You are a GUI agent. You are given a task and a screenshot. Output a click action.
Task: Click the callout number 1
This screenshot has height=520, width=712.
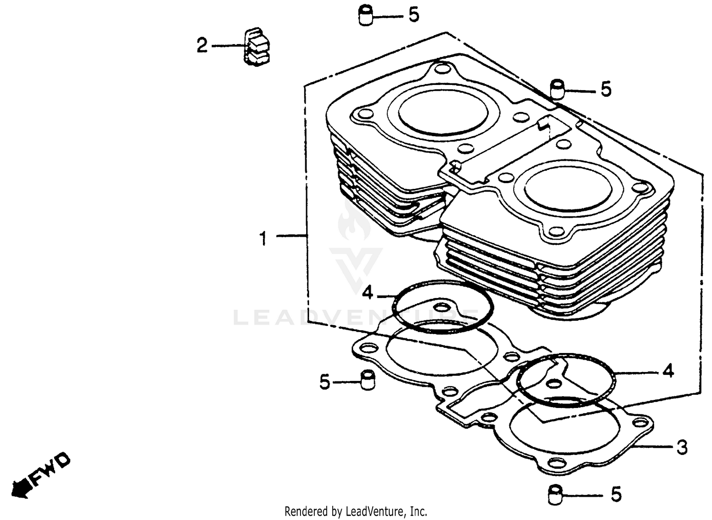click(263, 238)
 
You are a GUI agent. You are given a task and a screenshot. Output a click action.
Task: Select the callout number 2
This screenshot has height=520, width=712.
click(202, 46)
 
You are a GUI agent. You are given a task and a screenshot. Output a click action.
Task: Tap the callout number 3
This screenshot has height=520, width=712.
click(682, 447)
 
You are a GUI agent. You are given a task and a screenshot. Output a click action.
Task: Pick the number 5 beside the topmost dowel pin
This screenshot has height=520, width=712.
click(414, 15)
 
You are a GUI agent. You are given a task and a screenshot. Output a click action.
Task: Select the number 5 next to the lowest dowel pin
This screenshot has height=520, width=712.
click(616, 494)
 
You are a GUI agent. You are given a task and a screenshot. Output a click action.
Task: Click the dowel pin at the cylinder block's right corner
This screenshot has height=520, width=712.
click(558, 89)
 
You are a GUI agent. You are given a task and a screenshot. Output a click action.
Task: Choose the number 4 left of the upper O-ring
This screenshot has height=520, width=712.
click(368, 293)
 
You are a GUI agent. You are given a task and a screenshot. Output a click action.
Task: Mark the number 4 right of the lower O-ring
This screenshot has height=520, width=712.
click(668, 370)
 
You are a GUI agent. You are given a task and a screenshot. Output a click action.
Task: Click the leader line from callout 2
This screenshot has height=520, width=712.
click(228, 46)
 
